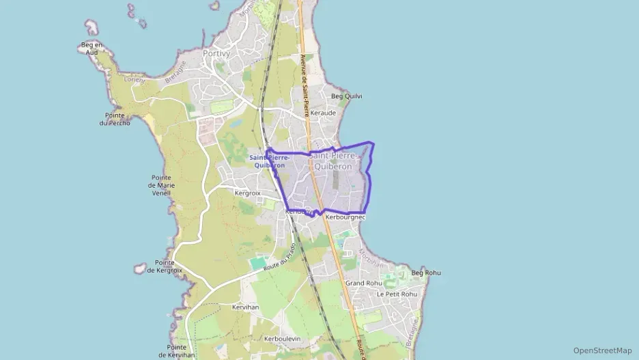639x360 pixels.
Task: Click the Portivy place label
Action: [x=216, y=53]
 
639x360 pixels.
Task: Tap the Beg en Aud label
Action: [x=91, y=48]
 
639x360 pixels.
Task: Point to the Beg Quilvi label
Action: [x=346, y=96]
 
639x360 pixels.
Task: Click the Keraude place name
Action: [x=323, y=113]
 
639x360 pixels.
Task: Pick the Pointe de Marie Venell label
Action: [x=161, y=185]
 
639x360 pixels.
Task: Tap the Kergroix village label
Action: [x=248, y=193]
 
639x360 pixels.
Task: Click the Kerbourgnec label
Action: [x=345, y=217]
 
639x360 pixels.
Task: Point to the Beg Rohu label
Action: [x=426, y=273]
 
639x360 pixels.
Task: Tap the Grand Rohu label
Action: [x=363, y=283]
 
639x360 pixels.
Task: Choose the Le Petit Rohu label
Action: [x=397, y=294]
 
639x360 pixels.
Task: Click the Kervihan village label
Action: [x=245, y=307]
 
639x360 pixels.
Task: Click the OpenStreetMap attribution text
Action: [x=602, y=350]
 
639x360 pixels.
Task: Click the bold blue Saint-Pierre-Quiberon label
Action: [x=269, y=161]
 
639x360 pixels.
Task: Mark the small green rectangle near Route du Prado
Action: [x=259, y=263]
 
